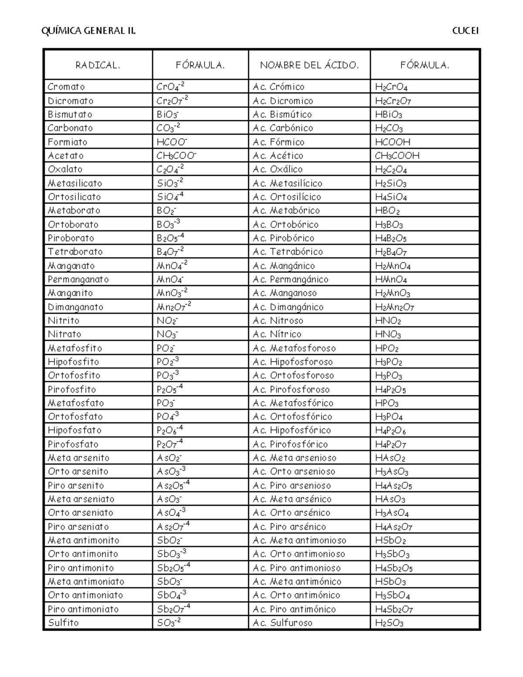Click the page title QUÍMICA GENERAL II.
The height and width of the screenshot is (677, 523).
coord(88,31)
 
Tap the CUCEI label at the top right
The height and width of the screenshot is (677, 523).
coord(465,31)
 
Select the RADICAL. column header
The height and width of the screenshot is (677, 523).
coord(98,65)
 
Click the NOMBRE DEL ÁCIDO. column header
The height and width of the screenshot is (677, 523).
coord(309,65)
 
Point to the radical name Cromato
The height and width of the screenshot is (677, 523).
coord(66,87)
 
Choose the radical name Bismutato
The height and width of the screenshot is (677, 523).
coord(70,114)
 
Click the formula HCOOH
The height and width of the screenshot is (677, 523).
coord(393,142)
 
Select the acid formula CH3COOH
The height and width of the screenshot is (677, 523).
coord(397,156)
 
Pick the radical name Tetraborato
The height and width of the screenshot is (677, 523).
coord(75,252)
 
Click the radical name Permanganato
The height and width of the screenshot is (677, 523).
coord(78,279)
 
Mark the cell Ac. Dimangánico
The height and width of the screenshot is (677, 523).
coord(288,307)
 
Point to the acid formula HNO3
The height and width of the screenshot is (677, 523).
coord(388,334)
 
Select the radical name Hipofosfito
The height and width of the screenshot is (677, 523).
coord(74,362)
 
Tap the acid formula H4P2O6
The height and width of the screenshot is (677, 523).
coord(391,431)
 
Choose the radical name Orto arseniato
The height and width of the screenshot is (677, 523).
coord(81,513)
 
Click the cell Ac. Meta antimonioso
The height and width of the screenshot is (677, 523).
coord(299,540)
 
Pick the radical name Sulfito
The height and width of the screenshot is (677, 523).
coord(63,623)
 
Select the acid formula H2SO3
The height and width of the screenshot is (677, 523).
coord(389,623)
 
